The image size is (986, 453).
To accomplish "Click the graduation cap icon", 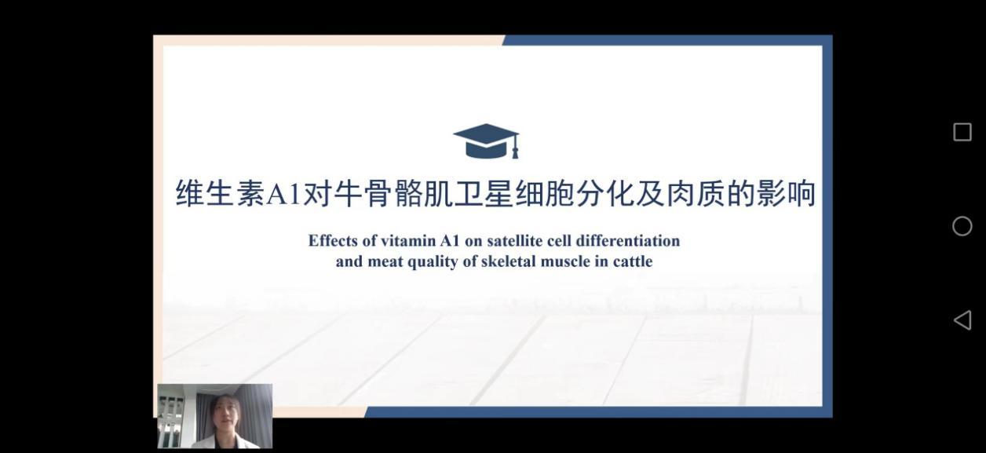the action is pos(486,141).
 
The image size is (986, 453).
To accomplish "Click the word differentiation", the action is pos(628,241).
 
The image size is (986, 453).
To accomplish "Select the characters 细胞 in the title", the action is pos(543,194).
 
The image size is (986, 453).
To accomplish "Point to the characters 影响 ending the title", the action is pos(786,194).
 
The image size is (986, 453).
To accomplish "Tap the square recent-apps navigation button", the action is pos(962,132).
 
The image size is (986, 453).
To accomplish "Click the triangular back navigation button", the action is pos(962,320).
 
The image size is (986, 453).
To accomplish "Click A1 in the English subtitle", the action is pos(449,241).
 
